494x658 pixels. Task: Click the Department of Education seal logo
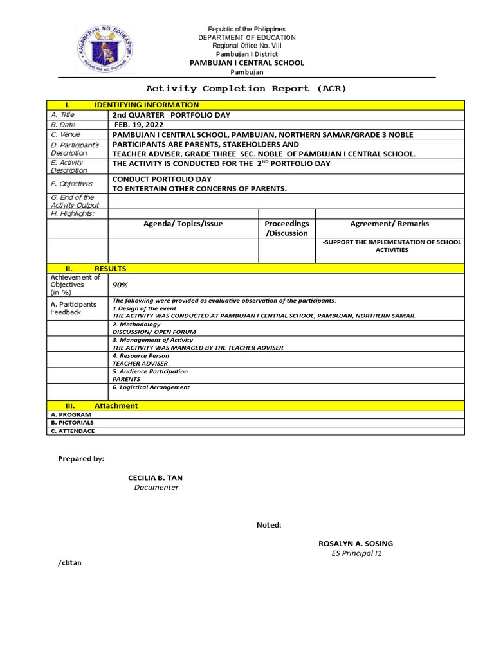click(x=105, y=49)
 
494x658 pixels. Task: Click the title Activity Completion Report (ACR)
click(x=246, y=89)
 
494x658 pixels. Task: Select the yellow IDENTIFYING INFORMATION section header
click(x=147, y=105)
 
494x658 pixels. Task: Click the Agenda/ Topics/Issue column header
click(x=183, y=224)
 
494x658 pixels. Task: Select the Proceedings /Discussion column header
click(x=287, y=228)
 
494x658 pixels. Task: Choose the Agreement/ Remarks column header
click(x=389, y=224)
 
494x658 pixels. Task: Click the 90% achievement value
click(x=120, y=285)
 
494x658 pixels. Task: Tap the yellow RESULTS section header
click(x=110, y=269)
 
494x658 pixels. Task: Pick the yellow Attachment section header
click(x=116, y=405)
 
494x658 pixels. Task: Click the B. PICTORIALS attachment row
click(x=73, y=423)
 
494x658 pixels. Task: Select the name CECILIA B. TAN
click(x=156, y=478)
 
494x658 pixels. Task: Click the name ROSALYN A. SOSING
click(x=356, y=544)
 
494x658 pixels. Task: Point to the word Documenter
click(x=156, y=488)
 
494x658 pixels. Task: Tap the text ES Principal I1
click(x=353, y=553)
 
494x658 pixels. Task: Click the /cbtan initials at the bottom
click(x=70, y=563)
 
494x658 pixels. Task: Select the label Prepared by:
click(x=81, y=459)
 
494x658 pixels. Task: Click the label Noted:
click(x=269, y=525)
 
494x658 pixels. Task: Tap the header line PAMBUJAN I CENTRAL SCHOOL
click(x=246, y=63)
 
